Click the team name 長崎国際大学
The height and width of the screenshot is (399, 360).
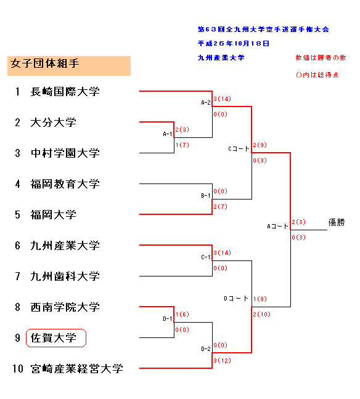pos(65,92)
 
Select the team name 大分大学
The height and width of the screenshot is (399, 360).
pos(53,123)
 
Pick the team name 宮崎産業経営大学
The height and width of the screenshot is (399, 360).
pos(76,369)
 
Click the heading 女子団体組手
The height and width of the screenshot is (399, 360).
pos(45,63)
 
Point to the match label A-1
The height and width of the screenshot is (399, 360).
pos(168,134)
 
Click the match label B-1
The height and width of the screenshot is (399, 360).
pos(206,195)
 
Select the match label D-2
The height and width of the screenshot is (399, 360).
pos(206,349)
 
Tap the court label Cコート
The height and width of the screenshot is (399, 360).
pos(239,148)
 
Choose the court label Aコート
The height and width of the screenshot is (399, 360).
pos(277,226)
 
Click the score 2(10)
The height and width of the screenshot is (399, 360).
pos(261,314)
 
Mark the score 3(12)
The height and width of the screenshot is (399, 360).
pos(222,360)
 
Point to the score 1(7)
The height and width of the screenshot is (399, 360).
pos(182,145)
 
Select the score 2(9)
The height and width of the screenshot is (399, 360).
pos(260,145)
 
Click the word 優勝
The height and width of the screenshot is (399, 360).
pos(337,222)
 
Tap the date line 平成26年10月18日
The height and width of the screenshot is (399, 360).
pos(234,44)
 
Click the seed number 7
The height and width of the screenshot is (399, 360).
pos(17,276)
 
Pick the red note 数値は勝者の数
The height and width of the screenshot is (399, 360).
pos(321,58)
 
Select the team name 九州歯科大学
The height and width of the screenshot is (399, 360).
pos(65,276)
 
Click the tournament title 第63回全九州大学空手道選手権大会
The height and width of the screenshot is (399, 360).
pos(263,30)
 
